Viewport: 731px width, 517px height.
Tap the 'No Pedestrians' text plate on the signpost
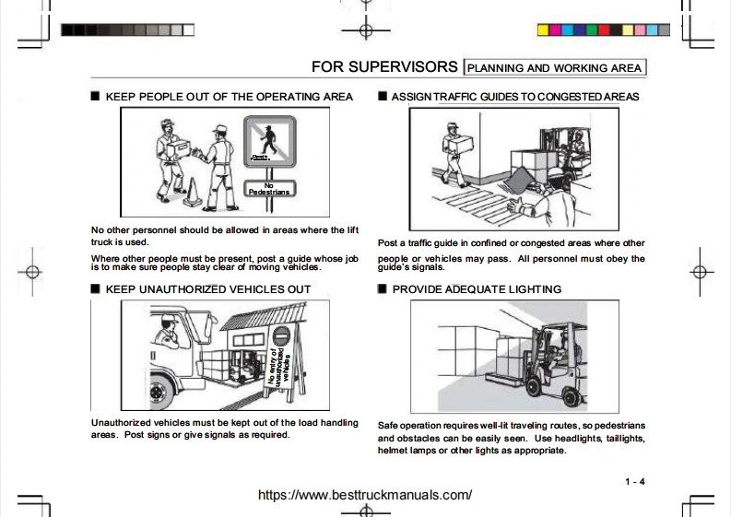269,188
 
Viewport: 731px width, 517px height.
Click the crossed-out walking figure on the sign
268,144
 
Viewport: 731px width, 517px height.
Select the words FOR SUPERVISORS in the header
383,67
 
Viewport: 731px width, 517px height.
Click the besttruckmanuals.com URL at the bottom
365,495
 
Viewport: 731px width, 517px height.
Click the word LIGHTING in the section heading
530,289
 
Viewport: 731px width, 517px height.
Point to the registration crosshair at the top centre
366,29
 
